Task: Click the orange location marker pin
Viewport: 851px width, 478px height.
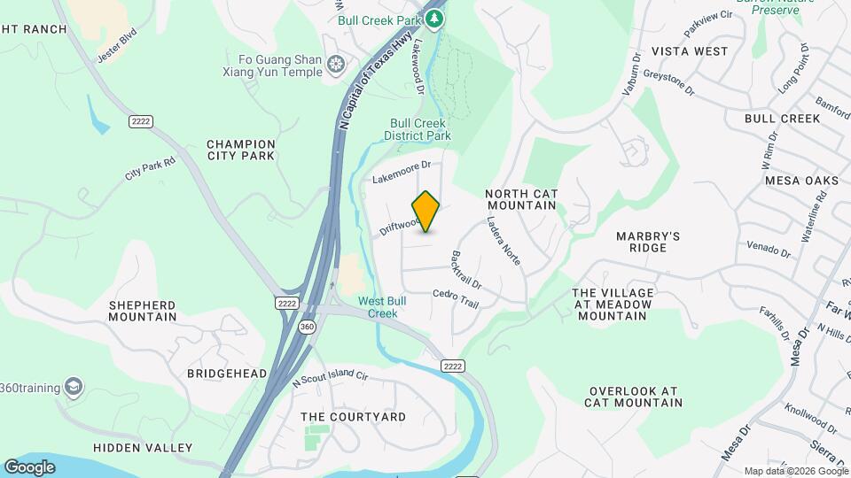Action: coord(426,211)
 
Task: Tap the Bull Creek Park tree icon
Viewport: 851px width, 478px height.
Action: coord(434,19)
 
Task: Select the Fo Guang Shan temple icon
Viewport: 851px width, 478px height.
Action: coord(336,64)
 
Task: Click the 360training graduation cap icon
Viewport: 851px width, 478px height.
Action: coord(74,387)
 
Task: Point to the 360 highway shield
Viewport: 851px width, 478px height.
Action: coord(307,325)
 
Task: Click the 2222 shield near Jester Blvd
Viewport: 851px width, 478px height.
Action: coord(137,121)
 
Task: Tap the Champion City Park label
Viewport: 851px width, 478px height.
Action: coord(241,150)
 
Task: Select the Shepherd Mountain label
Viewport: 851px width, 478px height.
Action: coord(142,311)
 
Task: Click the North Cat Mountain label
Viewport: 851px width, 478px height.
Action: coord(520,199)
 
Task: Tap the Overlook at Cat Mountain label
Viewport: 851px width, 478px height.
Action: coord(633,397)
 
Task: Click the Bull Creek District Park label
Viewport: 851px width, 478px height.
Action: coord(418,129)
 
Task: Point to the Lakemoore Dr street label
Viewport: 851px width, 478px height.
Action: coord(401,165)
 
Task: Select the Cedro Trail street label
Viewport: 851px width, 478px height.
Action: coord(456,299)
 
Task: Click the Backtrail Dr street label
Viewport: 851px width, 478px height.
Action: coord(466,270)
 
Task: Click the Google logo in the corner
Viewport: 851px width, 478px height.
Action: coord(29,466)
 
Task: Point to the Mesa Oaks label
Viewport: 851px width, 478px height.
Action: coord(801,181)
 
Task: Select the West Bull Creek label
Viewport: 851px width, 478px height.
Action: coord(383,307)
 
